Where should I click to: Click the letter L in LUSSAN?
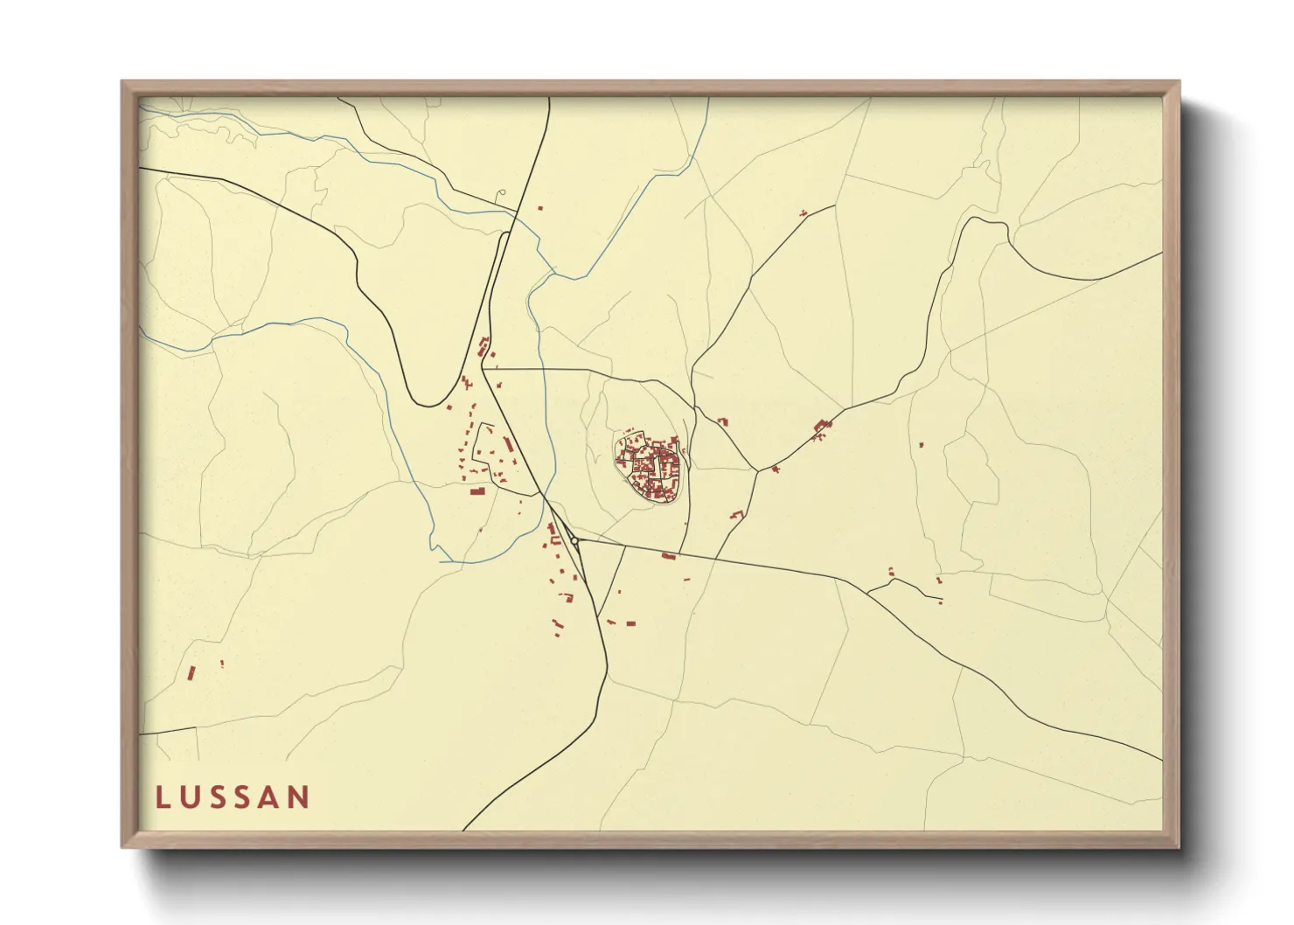163,797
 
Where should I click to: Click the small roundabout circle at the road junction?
574,542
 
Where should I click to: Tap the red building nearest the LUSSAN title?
191,672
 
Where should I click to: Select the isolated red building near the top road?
539,208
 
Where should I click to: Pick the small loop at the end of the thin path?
501,192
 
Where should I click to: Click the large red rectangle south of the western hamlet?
477,491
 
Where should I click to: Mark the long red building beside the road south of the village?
669,556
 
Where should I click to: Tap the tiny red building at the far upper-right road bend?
803,212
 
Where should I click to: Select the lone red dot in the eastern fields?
921,445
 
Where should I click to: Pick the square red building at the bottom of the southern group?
630,623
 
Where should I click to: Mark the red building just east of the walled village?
722,422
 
